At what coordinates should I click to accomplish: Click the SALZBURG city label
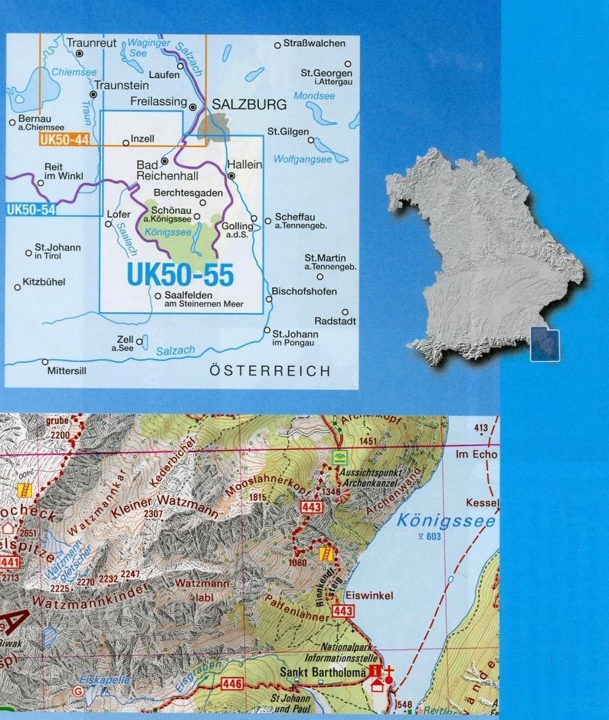click(x=249, y=105)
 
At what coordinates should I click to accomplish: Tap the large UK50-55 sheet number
click(x=180, y=275)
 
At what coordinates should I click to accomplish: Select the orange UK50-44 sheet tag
click(x=64, y=140)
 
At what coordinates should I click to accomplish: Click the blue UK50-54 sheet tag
click(x=31, y=209)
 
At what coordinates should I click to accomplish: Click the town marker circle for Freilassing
click(x=193, y=107)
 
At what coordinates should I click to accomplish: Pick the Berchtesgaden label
click(x=188, y=193)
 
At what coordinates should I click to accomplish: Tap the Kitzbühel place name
click(x=44, y=283)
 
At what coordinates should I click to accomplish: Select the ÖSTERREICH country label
click(x=270, y=371)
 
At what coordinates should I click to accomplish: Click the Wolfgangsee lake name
click(x=302, y=160)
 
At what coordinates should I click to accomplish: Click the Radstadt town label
click(x=335, y=322)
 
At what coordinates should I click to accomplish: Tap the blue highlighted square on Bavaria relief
click(x=546, y=345)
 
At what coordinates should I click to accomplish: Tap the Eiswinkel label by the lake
click(x=369, y=596)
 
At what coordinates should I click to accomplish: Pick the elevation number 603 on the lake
click(x=434, y=536)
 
